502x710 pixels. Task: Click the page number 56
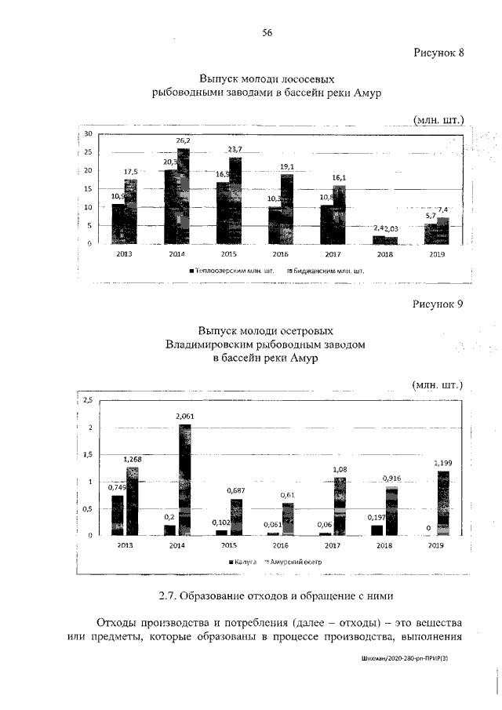[x=267, y=32]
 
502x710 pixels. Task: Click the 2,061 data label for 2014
[x=185, y=416]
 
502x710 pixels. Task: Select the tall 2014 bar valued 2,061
[x=185, y=479]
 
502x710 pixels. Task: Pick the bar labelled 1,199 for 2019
[x=442, y=503]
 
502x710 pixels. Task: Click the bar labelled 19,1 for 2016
[x=287, y=209]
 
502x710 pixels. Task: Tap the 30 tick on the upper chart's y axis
[x=89, y=135]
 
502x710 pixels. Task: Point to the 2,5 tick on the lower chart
[x=87, y=401]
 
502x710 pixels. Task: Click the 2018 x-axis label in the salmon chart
[x=384, y=254]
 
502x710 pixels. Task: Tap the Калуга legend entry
[x=246, y=562]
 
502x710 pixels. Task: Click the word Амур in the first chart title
[x=365, y=93]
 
